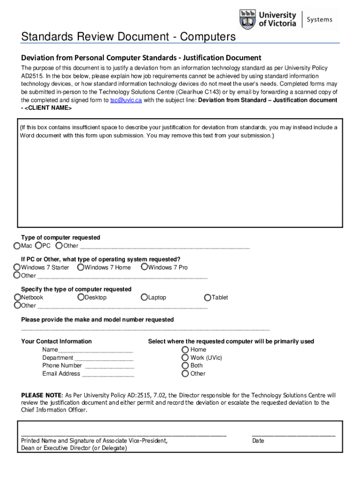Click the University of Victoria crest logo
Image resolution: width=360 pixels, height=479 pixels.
(248, 19)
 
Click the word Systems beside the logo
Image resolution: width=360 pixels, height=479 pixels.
(320, 19)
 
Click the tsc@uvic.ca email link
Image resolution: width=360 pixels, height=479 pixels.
(126, 100)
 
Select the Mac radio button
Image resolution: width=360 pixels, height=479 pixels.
(17, 246)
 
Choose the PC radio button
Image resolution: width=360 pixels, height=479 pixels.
(38, 246)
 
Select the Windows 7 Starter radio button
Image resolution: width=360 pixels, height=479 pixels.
(17, 267)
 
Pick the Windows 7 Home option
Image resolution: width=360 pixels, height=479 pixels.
(81, 267)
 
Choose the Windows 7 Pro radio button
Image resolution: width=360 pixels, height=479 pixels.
(144, 267)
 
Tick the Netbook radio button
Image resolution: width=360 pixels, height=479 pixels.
(18, 297)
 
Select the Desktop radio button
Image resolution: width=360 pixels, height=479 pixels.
(81, 297)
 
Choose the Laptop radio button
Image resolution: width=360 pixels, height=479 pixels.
(144, 297)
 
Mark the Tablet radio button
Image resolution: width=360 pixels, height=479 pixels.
(208, 297)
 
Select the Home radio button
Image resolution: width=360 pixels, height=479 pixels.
(186, 349)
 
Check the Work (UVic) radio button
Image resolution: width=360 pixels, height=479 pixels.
(186, 357)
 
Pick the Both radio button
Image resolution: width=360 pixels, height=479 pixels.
(186, 365)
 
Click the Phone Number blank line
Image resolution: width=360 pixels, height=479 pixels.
(109, 366)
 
